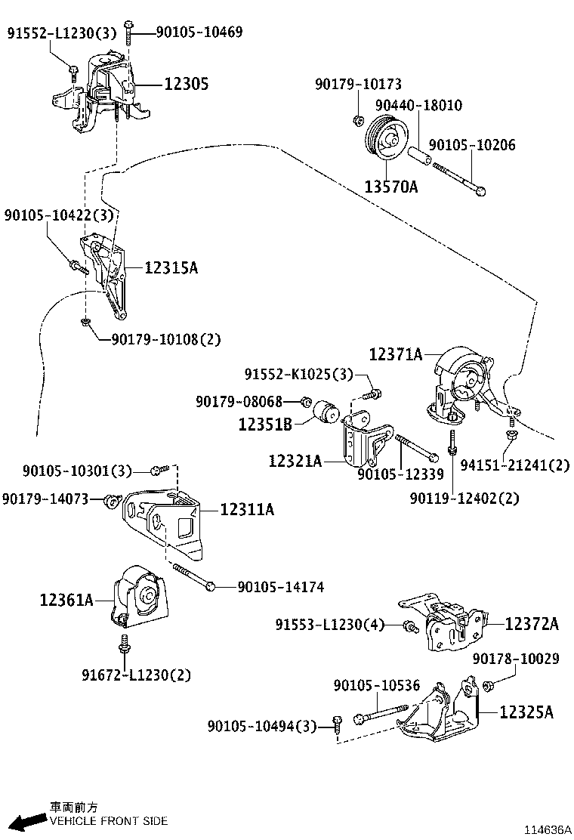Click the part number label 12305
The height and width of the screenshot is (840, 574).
(187, 85)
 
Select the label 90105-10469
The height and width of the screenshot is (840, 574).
(199, 32)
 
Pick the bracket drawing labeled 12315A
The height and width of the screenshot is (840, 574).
(108, 277)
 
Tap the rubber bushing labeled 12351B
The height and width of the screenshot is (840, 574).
(327, 410)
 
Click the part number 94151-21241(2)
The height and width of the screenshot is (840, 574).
(524, 465)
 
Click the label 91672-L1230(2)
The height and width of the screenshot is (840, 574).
(137, 675)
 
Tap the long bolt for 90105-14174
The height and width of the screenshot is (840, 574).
(193, 577)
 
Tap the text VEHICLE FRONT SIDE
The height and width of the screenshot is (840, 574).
(109, 820)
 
